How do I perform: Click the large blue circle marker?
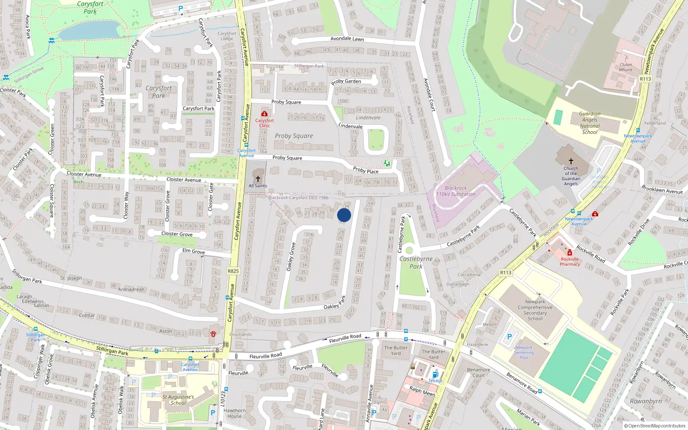click(344, 215)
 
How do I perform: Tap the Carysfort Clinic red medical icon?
click(264, 114)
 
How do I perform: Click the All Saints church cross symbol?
click(258, 178)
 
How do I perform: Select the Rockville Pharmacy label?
click(570, 261)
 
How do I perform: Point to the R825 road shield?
click(233, 271)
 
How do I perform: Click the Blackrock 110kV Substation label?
click(456, 191)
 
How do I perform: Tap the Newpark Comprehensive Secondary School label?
click(535, 310)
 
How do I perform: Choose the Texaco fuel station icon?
click(436, 375)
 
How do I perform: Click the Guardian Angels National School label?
click(590, 123)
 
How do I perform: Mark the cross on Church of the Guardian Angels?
click(571, 161)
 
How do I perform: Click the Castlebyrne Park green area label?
click(416, 262)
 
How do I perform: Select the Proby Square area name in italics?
click(294, 136)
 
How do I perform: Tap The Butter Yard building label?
click(396, 350)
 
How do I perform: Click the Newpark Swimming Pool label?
click(524, 352)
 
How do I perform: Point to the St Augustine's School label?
click(178, 400)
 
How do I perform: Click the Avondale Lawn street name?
click(347, 39)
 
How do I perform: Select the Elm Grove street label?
click(193, 251)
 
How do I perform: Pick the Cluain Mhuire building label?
click(626, 67)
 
